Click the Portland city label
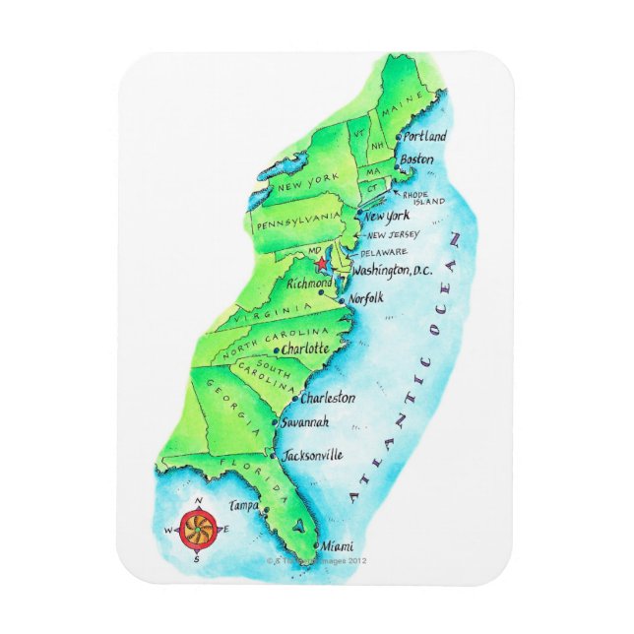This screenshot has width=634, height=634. click(x=425, y=136)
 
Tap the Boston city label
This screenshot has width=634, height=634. click(x=417, y=158)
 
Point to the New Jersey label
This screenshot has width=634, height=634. click(x=392, y=235)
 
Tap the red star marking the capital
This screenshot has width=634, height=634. click(x=320, y=265)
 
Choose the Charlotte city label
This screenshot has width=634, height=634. click(x=305, y=349)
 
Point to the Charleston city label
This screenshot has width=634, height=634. click(x=328, y=399)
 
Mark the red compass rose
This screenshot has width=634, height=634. click(x=196, y=530)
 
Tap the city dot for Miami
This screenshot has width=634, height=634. click(x=316, y=544)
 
